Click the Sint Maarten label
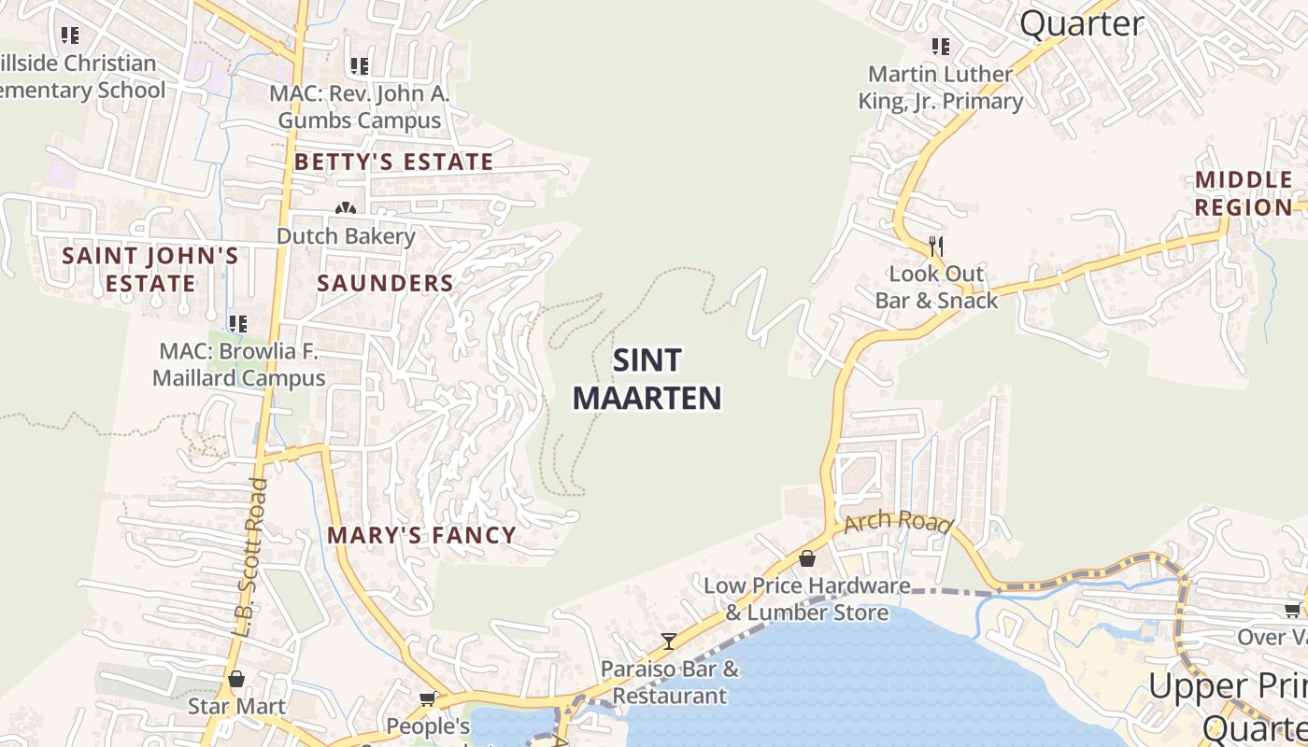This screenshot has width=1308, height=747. (x=647, y=379)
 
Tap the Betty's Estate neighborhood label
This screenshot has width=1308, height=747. (x=393, y=162)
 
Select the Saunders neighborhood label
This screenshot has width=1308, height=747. (x=385, y=283)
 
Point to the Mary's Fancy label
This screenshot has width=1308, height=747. (x=421, y=535)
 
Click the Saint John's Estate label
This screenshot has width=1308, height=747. (x=150, y=269)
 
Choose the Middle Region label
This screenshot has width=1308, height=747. (x=1244, y=193)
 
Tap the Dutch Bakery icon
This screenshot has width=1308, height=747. (x=346, y=208)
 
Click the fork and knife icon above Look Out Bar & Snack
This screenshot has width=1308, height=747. (x=936, y=246)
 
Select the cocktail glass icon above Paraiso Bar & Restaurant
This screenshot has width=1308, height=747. (x=669, y=641)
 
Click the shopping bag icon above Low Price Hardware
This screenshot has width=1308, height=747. (x=807, y=558)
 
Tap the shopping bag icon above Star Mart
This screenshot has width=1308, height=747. (x=236, y=679)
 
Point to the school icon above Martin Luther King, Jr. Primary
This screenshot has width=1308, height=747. (x=941, y=46)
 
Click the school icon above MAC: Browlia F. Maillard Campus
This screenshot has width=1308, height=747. (x=238, y=324)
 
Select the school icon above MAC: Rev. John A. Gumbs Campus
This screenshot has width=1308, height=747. (x=360, y=66)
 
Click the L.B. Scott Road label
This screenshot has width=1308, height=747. (x=249, y=557)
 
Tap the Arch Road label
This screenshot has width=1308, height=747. (x=898, y=522)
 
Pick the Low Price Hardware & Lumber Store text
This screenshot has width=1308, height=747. (x=807, y=599)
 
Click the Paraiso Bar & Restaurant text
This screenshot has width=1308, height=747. (x=669, y=682)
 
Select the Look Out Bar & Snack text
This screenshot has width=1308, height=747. (x=936, y=287)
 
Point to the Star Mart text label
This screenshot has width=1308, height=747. (x=236, y=706)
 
